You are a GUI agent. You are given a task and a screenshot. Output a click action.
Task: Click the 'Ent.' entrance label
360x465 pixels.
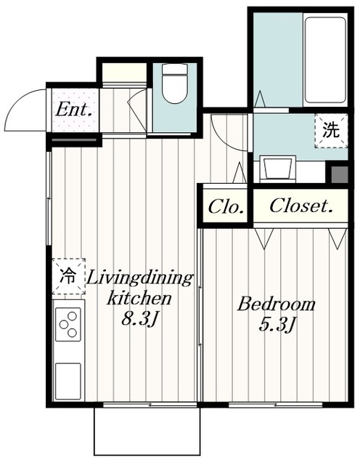point(73,110)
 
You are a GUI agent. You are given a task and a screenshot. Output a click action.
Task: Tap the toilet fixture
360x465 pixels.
point(175,84)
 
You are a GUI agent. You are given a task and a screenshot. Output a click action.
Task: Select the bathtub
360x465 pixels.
point(325,60)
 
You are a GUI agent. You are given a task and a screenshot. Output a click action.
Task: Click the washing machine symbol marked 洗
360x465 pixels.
point(331,131)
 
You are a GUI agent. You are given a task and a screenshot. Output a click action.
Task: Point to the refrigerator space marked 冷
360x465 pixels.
point(69,276)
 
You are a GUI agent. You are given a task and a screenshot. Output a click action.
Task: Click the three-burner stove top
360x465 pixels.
point(68,324)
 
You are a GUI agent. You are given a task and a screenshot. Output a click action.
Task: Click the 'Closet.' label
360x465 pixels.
point(300,205)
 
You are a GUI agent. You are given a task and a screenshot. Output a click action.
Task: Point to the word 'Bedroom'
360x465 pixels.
point(276,304)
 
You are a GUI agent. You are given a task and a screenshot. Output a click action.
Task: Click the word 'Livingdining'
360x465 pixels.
point(139,279)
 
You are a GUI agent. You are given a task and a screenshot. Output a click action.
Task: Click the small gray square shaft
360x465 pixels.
point(340,174)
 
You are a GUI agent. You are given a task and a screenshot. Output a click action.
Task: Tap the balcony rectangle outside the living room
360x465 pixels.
point(147,431)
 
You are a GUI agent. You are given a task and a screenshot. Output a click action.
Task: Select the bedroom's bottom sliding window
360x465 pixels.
point(276,404)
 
